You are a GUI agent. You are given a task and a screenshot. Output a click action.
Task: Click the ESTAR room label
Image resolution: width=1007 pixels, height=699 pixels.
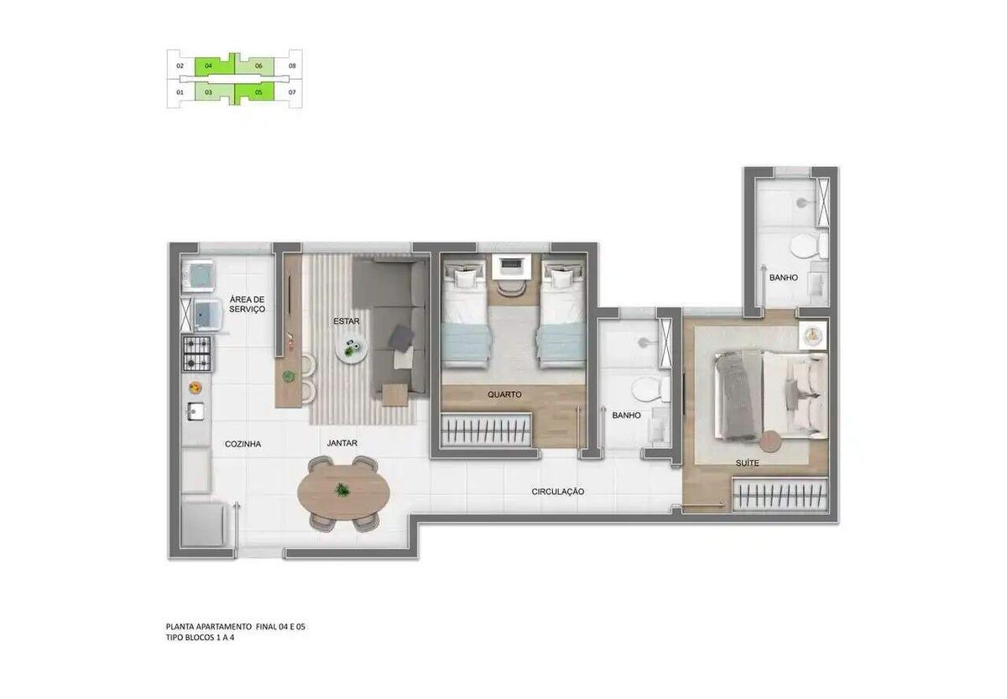coord(347,321)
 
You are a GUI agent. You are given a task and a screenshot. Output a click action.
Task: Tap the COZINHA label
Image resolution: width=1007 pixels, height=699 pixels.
coord(243,444)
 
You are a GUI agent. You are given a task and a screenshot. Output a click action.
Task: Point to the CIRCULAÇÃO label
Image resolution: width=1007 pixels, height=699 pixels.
coord(557,491)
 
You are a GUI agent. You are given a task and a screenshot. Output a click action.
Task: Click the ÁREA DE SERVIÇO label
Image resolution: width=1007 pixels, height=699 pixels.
coord(247,304)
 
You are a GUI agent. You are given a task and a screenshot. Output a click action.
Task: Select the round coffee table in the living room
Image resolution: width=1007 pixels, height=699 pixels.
coord(352,349)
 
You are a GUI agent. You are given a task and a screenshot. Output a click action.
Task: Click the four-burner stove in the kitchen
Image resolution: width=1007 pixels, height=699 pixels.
coord(196,352)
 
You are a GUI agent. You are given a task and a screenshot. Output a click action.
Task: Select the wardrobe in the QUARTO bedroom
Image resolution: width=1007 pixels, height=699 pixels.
coord(487,429)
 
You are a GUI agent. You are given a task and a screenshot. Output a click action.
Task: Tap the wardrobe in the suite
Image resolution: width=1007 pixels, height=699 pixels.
coord(780,494)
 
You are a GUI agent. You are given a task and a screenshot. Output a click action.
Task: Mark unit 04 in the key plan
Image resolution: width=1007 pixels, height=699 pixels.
coord(208,65)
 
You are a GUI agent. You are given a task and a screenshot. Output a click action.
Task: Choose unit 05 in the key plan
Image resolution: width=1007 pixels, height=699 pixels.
coord(258,92)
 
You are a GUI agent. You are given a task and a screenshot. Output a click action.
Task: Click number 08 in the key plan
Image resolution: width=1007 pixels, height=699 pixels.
coord(292,65)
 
